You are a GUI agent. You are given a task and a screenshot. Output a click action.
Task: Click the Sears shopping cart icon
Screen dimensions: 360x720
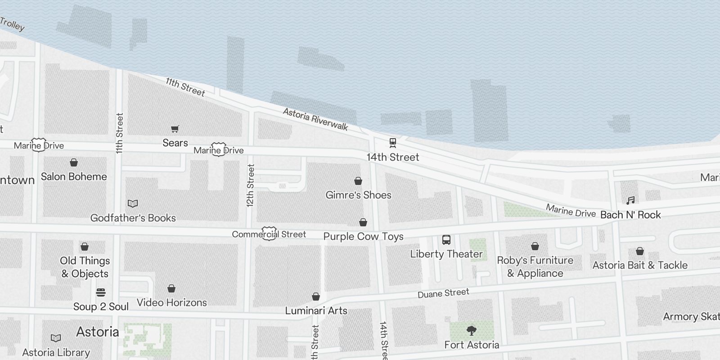tap(175, 129)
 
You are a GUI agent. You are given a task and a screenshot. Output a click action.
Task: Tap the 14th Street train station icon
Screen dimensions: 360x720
tap(392, 143)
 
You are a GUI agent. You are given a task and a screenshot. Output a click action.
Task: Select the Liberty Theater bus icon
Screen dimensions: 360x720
tap(446, 240)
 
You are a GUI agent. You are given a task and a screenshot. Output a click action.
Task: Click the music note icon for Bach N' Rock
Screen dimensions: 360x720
tap(630, 200)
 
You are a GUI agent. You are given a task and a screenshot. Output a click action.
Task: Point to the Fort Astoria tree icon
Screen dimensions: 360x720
tap(472, 331)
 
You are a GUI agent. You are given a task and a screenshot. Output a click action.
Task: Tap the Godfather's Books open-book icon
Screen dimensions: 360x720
tap(133, 204)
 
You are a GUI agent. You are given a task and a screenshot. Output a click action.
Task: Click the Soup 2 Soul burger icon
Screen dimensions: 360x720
tap(101, 292)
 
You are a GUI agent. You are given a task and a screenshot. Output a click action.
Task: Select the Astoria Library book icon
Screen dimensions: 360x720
tap(56, 338)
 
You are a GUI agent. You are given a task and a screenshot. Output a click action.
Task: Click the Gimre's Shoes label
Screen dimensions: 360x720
tap(358, 195)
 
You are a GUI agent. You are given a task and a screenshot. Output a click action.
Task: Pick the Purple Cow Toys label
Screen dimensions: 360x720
tap(363, 236)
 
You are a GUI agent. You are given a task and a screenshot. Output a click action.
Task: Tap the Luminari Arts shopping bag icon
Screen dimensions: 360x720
tap(316, 297)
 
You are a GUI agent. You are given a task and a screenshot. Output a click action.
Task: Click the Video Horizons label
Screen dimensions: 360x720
tap(171, 302)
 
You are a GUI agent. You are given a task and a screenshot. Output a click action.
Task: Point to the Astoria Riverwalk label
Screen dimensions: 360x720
tap(315, 119)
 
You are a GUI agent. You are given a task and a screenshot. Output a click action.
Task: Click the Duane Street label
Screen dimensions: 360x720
tap(443, 293)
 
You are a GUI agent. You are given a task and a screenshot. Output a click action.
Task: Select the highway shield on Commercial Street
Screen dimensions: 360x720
tap(269, 234)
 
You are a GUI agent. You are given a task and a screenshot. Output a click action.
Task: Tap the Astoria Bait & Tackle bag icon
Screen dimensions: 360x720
tap(639, 251)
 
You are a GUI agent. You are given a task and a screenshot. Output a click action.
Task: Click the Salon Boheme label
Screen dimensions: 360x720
tap(74, 176)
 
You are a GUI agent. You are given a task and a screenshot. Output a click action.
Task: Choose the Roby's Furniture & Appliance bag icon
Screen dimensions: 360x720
tap(535, 246)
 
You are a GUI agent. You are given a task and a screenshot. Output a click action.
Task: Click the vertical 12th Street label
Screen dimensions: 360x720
tap(251, 185)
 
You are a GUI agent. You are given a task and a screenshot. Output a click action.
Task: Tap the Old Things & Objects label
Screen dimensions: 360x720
tap(85, 267)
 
